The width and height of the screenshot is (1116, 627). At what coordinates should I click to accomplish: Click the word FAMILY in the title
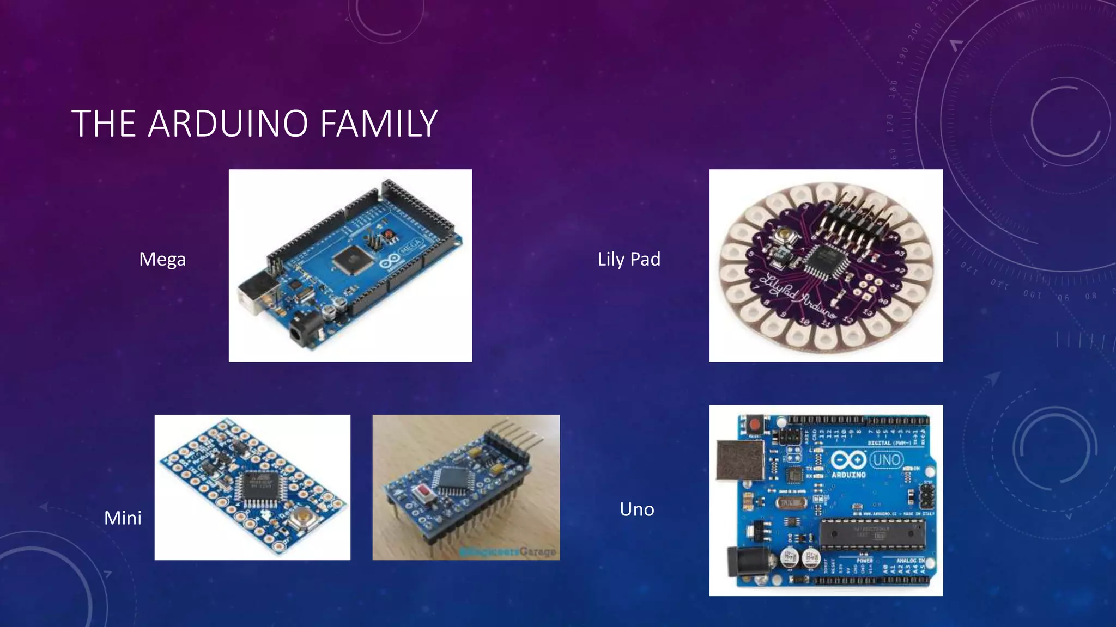point(378,123)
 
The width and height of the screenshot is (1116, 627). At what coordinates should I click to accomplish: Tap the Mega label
point(162,259)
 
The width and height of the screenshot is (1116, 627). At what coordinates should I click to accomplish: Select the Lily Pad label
point(629,259)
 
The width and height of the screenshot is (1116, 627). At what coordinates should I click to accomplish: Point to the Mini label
point(123,518)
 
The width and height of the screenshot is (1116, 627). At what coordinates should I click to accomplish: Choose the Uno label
point(636,509)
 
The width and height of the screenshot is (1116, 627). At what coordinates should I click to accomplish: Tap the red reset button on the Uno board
point(754,424)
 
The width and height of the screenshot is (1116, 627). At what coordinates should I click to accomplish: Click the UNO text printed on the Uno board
point(886,460)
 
